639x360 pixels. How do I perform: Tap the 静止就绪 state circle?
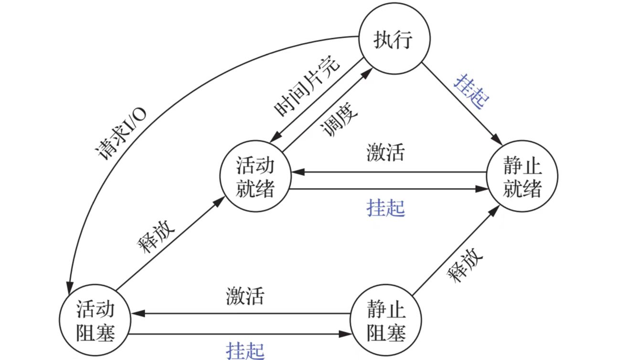[x=522, y=177]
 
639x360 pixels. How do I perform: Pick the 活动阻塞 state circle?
[x=96, y=321]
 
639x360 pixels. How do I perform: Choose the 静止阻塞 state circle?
[x=386, y=321]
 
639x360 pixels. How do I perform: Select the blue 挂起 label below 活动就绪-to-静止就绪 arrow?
[x=385, y=208]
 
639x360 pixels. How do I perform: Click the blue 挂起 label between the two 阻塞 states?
[x=245, y=350]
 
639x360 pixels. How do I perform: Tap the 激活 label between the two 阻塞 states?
[x=245, y=296]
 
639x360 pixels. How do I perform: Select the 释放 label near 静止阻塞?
[x=465, y=264]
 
